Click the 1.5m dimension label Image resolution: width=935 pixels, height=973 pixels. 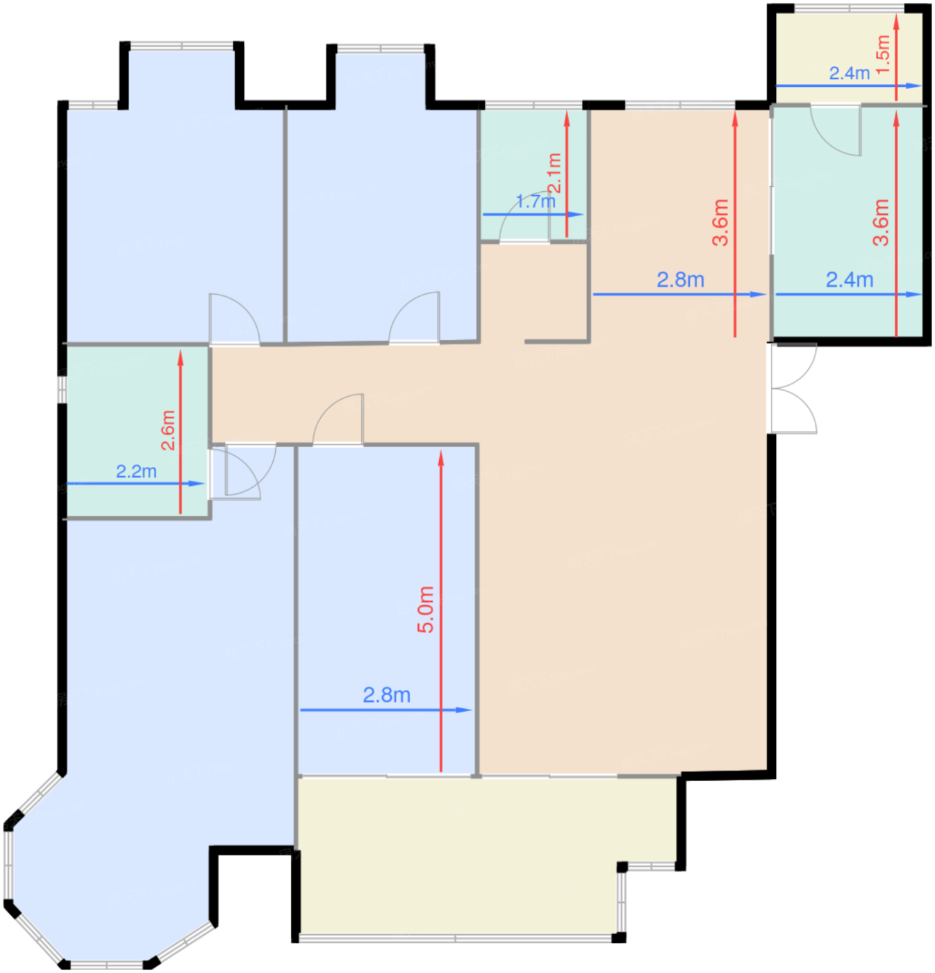tap(883, 54)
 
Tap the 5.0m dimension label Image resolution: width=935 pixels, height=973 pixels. tap(425, 610)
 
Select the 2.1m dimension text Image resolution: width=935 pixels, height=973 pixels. tap(554, 173)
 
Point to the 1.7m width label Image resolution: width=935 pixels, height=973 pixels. tap(535, 202)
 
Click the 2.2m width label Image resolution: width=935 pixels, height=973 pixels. tap(136, 471)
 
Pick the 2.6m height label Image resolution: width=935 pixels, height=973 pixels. tap(168, 430)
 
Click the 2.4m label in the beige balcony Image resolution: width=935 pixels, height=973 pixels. tap(850, 74)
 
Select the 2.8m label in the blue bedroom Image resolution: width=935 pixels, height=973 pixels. tap(386, 695)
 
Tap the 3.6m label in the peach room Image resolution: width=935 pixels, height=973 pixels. tap(720, 222)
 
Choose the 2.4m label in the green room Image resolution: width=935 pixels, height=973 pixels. tap(850, 280)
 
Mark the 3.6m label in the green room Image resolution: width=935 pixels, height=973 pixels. tap(881, 222)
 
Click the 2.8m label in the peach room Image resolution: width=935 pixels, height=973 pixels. tap(680, 280)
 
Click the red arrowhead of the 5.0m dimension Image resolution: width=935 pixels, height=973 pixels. tap(441, 458)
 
